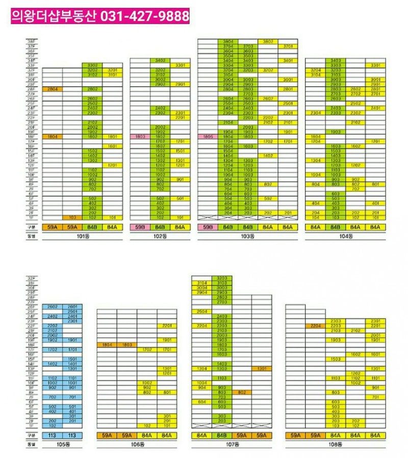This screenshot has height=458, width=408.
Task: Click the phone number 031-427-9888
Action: point(147,17)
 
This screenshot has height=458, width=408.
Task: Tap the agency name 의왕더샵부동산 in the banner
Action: point(57,17)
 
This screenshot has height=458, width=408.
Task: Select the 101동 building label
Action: point(83,236)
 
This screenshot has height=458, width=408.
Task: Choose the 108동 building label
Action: point(335,444)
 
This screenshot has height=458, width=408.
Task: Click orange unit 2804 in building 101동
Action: point(52,89)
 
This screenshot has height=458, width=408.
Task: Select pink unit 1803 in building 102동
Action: point(139,137)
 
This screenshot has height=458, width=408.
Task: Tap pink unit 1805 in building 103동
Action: point(207,137)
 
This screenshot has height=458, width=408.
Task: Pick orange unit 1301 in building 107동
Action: point(261,368)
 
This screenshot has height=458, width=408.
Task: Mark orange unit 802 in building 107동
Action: point(241,392)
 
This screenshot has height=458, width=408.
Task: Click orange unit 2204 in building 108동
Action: point(315,326)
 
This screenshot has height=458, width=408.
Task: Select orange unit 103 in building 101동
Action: point(72,217)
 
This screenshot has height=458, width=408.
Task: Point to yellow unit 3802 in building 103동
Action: point(267,41)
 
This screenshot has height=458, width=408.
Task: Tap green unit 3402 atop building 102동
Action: point(160,61)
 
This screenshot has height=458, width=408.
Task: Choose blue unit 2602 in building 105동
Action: point(52,306)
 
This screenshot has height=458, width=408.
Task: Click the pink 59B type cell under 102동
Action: point(139,227)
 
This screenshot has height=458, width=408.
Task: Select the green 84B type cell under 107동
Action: point(221,435)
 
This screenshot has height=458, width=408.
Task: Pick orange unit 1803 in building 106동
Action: point(126,345)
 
